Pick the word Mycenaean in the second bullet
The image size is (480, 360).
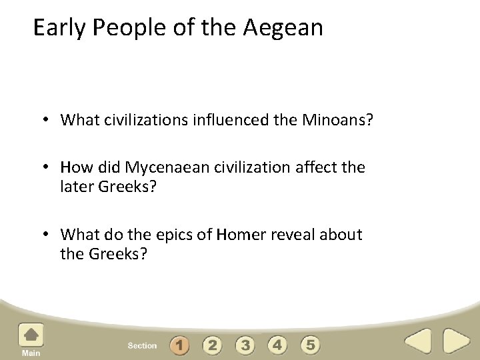click(x=167, y=167)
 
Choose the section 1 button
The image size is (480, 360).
click(x=179, y=345)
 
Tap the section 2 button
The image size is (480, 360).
click(x=212, y=345)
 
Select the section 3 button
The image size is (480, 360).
click(x=245, y=345)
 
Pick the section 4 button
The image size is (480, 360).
click(x=277, y=345)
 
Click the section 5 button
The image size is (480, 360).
click(x=310, y=345)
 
